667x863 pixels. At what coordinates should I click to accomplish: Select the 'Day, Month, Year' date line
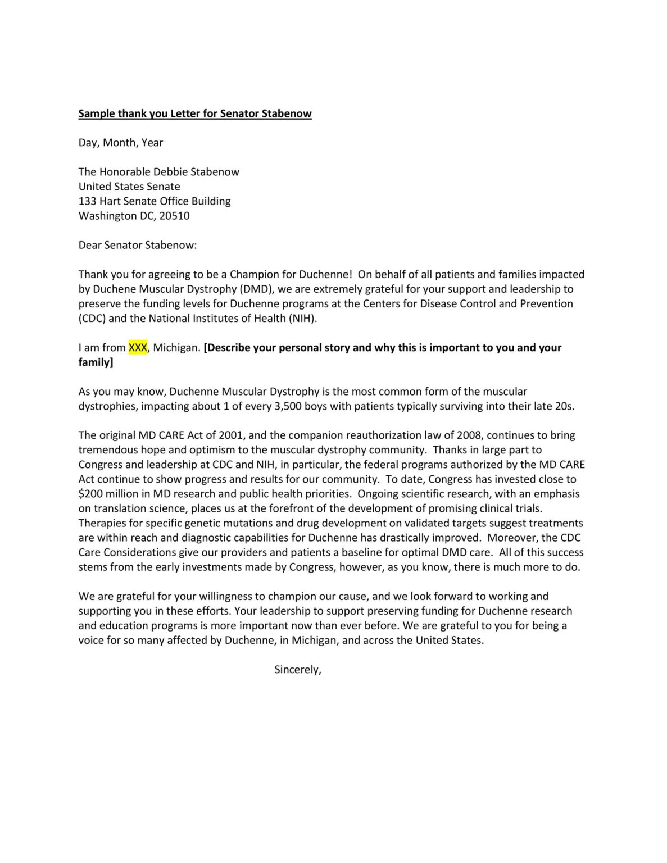[120, 143]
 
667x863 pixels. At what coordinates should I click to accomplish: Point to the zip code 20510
[175, 216]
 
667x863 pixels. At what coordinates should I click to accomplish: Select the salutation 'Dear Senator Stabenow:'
[138, 245]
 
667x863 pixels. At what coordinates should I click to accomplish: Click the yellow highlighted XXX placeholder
[138, 347]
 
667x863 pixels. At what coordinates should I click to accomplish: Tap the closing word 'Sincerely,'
[297, 670]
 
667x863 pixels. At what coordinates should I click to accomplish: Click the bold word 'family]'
[96, 362]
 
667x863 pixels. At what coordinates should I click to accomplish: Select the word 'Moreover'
[512, 538]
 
